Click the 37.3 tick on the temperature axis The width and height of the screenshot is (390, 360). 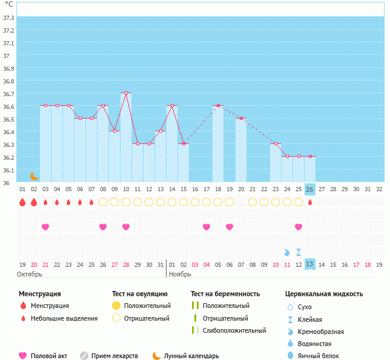(x=8, y=18)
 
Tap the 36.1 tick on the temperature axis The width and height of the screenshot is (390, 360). (x=8, y=170)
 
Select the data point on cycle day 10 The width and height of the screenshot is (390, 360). (x=126, y=93)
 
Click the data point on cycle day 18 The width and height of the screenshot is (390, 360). (x=218, y=106)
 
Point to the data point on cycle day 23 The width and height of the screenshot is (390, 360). (x=276, y=144)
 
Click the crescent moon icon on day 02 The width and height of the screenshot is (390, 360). (x=35, y=175)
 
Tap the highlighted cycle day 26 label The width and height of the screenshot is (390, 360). (x=309, y=189)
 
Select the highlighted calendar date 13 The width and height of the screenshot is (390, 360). (x=309, y=264)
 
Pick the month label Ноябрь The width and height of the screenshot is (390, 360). (x=180, y=274)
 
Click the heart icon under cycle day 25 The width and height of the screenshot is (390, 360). (x=299, y=227)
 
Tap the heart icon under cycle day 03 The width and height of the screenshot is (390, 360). (x=45, y=227)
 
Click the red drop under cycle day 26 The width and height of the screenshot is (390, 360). (x=310, y=202)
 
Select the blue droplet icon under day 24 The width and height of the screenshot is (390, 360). (x=287, y=252)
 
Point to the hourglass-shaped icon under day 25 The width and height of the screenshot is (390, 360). (x=299, y=252)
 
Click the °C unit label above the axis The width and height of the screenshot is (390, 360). (x=8, y=5)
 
